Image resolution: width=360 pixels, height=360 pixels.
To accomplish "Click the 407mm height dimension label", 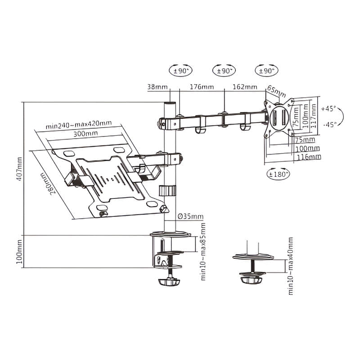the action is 20,169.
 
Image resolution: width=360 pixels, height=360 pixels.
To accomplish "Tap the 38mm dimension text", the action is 157,87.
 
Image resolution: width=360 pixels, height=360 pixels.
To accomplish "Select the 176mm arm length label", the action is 202,87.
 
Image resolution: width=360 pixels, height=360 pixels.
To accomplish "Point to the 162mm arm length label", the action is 245,87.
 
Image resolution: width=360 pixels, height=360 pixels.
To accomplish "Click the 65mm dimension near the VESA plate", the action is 277,92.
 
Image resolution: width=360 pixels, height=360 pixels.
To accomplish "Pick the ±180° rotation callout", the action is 278,174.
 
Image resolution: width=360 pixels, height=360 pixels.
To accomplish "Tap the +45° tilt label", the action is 328,108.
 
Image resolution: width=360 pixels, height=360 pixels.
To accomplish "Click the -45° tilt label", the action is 330,125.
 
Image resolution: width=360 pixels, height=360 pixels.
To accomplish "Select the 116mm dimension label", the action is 309,157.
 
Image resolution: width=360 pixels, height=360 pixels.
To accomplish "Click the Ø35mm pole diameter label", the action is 190,216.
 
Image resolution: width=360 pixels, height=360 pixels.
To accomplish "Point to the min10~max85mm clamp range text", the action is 203,252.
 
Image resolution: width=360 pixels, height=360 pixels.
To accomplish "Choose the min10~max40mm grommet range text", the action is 290,266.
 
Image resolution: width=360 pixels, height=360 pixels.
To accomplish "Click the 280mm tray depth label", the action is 48,183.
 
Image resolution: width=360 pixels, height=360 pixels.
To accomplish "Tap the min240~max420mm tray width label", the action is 79,125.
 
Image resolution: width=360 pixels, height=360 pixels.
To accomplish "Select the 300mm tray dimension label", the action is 85,133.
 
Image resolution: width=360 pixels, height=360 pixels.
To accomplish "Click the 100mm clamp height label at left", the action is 20,252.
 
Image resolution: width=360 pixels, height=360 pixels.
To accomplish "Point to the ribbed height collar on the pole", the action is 167,191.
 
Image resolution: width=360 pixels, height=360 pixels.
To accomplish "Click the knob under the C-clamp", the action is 169,282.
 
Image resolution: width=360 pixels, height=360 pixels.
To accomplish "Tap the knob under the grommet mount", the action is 252,280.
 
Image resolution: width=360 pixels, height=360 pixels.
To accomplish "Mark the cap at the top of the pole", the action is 170,103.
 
